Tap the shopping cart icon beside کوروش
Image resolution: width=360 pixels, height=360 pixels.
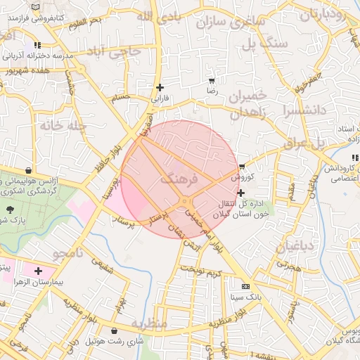[243, 167]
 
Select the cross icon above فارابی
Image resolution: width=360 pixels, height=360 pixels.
[160, 87]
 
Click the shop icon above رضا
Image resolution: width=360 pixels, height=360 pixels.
[212, 80]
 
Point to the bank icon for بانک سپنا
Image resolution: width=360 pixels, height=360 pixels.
[245, 287]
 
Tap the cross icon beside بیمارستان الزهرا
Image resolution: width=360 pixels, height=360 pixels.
[37, 271]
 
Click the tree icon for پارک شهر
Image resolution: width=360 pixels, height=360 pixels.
[10, 210]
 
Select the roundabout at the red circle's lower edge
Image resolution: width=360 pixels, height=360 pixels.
[185, 202]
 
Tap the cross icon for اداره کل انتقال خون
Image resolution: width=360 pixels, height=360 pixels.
[241, 193]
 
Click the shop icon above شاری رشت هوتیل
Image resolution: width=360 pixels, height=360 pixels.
[115, 330]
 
